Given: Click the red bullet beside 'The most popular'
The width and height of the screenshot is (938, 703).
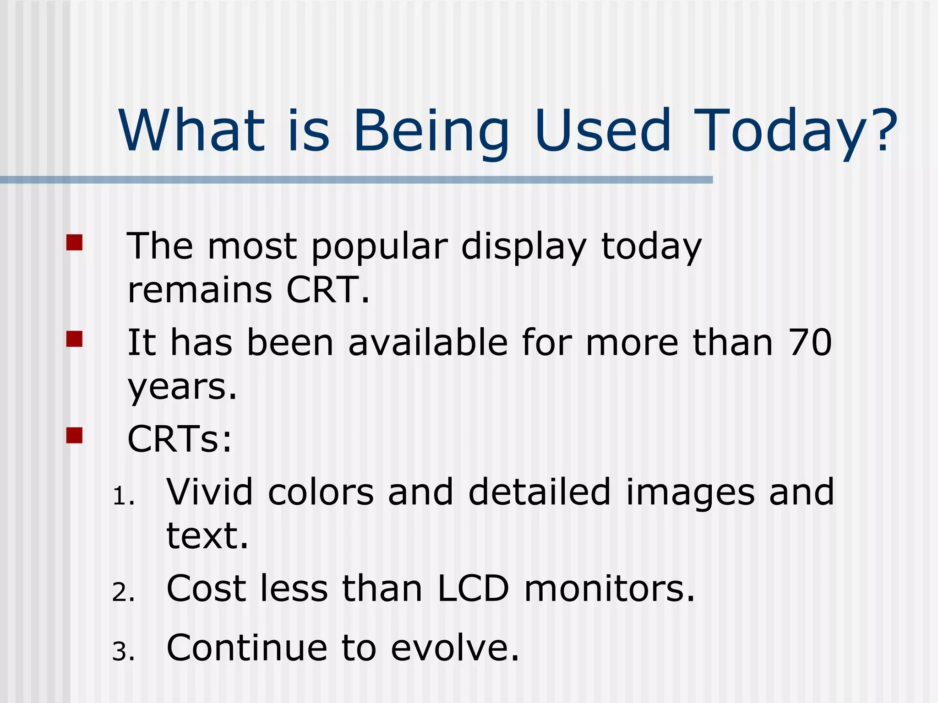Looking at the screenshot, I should (74, 243).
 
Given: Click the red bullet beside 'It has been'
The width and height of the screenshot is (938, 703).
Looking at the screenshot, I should (74, 339).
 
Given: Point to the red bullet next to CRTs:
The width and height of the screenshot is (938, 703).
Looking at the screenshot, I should (74, 435).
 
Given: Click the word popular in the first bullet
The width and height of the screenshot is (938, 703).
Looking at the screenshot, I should (379, 247).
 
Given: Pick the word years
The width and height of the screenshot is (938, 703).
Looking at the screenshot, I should (182, 388).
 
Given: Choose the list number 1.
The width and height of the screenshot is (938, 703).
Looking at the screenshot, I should (123, 497).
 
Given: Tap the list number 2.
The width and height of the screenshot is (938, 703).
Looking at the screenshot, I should (123, 593).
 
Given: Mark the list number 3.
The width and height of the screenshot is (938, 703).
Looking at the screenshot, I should (123, 652).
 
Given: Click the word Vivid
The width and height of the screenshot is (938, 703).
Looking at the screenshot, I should (209, 492).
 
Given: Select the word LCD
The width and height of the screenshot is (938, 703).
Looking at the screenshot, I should (473, 589).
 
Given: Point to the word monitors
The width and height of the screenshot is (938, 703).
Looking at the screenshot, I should (609, 589).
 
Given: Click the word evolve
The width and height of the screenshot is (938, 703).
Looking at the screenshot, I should (455, 648).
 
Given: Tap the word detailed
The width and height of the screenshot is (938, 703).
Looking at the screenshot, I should (539, 492).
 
